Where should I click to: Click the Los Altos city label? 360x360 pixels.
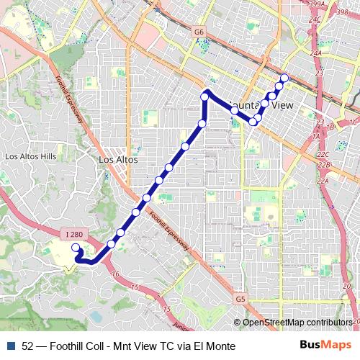[117, 159]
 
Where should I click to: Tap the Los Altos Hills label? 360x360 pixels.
[30, 156]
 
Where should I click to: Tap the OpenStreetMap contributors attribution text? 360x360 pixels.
[296, 323]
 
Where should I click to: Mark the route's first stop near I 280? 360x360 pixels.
[76, 248]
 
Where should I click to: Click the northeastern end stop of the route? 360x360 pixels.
[284, 78]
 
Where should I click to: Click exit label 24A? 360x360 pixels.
[315, 53]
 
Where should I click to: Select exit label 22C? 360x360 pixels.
[322, 154]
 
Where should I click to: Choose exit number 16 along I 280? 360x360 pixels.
[115, 274]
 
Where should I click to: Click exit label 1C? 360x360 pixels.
[352, 122]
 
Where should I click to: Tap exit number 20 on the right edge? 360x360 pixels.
[354, 286]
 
